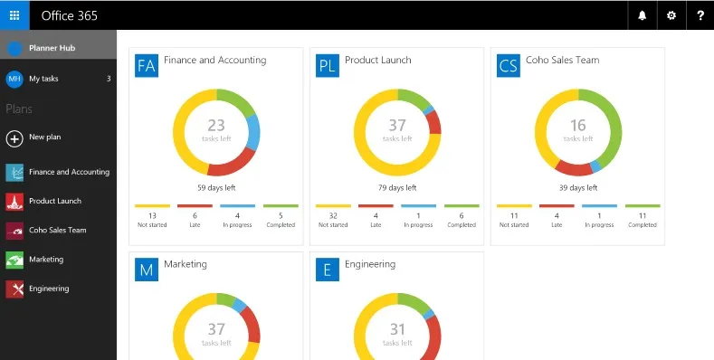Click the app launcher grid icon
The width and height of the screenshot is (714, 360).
coord(14,15)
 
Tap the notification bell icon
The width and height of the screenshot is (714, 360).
coord(642,15)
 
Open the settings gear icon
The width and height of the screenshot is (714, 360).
coord(671,15)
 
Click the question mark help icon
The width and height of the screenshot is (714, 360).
coord(700,15)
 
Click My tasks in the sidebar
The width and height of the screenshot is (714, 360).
coord(43,79)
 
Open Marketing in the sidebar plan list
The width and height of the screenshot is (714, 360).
coord(45,260)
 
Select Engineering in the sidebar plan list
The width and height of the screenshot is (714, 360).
coord(48,289)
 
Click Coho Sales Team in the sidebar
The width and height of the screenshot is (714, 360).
coord(57,231)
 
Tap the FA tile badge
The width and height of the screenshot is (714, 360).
coord(147,65)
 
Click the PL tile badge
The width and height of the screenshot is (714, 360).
coord(328,65)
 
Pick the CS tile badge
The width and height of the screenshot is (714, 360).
coord(509,65)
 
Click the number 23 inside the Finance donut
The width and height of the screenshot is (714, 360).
coord(216,126)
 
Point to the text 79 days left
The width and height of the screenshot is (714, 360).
coord(397,188)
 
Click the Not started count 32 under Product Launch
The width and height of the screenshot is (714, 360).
coord(333,216)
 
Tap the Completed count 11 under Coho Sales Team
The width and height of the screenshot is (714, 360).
coord(643,216)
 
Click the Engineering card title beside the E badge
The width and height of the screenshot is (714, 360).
coord(370,265)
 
